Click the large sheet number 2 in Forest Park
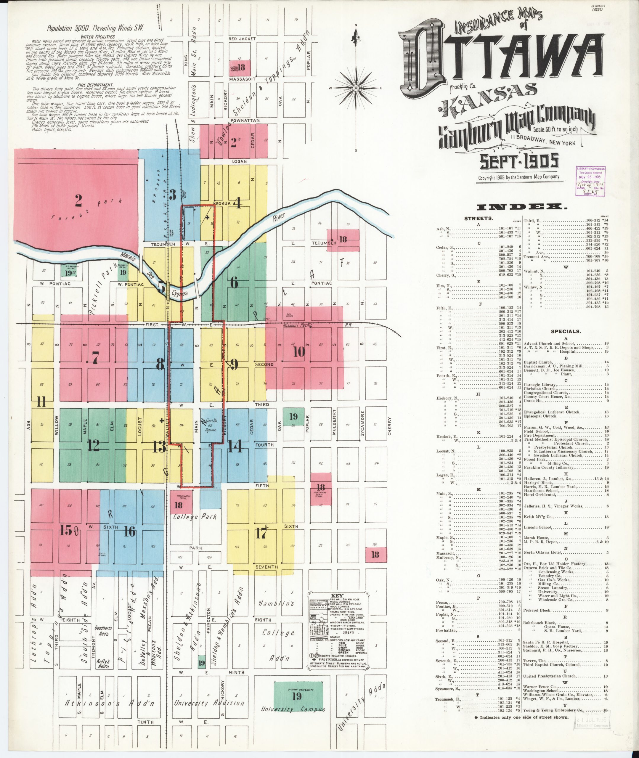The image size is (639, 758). (x=78, y=200)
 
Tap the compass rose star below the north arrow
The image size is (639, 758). (x=356, y=88)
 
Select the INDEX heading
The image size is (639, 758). (x=520, y=208)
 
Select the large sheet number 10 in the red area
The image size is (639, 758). (x=299, y=352)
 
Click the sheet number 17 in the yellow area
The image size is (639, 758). (x=261, y=534)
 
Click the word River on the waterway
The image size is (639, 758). (x=279, y=218)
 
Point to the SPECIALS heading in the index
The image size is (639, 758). (x=566, y=331)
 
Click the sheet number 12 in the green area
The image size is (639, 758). (x=94, y=445)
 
